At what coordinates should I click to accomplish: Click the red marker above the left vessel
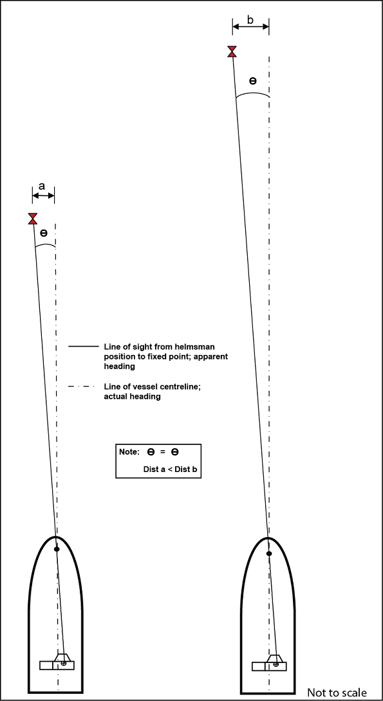pos(33,219)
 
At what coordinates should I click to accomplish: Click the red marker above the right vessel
pos(232,51)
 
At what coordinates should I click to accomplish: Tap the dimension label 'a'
pos(42,187)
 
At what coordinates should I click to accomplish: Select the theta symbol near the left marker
pos(43,233)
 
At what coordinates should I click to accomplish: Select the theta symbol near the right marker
pos(253,81)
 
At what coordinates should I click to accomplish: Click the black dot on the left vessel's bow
pos(57,549)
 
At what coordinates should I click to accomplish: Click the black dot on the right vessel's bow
pos(269,554)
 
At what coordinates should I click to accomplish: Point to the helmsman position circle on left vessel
pos(64,663)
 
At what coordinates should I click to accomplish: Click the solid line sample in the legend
pos(83,347)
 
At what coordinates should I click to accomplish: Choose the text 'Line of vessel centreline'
pos(152,387)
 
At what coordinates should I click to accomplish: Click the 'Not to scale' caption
pos(337,693)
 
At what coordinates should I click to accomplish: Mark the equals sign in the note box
pos(163,452)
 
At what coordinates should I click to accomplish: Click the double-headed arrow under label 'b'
pos(250,27)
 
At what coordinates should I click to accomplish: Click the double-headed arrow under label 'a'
pos(43,194)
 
